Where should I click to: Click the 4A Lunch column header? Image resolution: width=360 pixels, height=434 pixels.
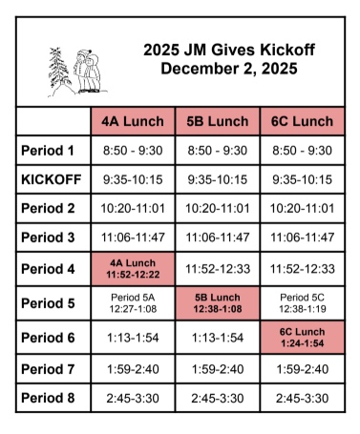tap(134, 122)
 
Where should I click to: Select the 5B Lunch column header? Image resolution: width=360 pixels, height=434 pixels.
tap(218, 122)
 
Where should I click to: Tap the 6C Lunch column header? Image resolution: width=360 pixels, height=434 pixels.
tap(302, 122)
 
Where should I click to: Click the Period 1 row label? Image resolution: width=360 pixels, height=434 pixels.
tap(48, 151)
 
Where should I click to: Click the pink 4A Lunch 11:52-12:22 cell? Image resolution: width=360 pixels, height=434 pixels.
tap(134, 268)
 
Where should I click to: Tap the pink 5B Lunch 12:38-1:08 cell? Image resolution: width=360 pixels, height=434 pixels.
tap(218, 303)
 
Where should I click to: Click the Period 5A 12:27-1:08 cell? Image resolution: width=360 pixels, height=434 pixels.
tap(134, 303)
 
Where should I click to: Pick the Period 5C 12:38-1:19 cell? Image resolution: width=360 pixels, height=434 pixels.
tap(302, 303)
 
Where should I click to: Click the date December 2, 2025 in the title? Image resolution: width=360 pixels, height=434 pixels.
tap(229, 69)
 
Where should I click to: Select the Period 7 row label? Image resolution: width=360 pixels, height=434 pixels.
tap(48, 367)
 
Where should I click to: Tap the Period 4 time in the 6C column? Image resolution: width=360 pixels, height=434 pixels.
tap(302, 268)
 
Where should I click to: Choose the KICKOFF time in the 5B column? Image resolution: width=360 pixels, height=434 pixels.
tap(218, 180)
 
